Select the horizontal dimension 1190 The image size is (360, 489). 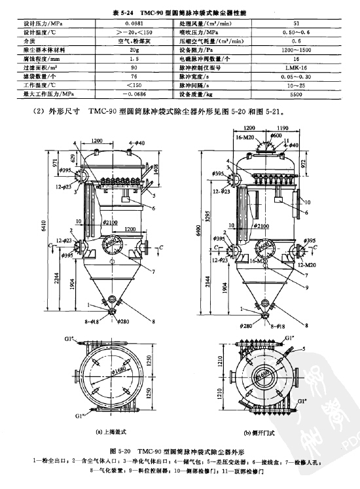[283, 129]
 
